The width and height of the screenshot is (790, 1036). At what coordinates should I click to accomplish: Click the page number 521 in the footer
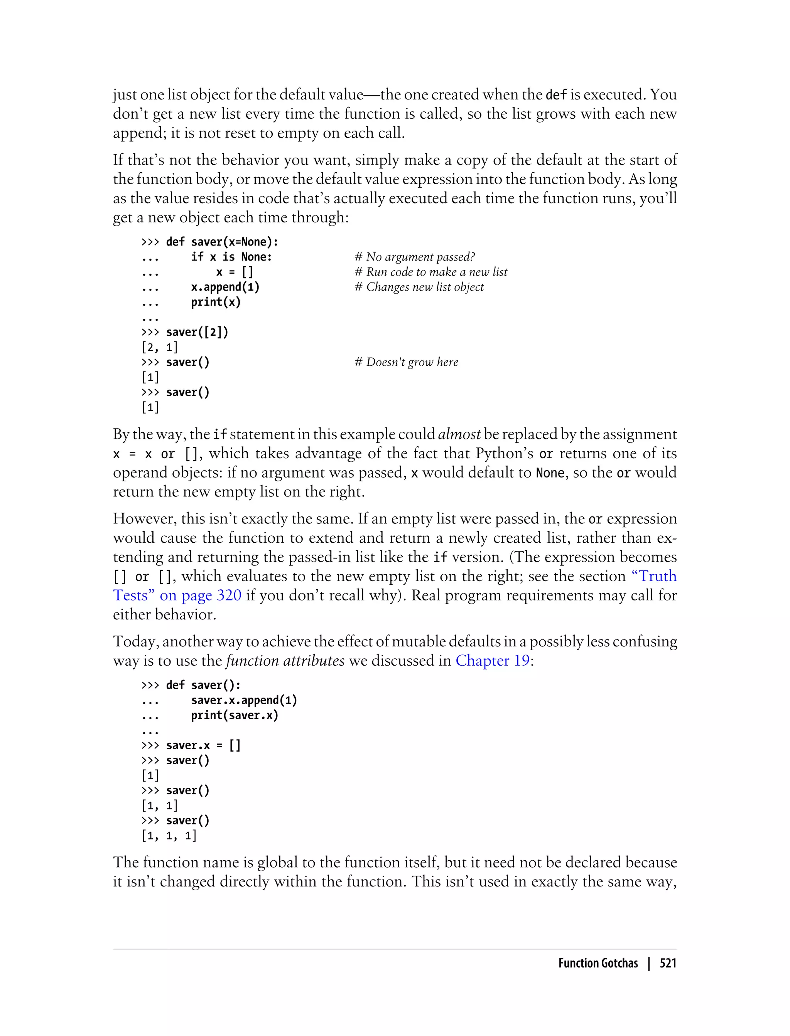[668, 963]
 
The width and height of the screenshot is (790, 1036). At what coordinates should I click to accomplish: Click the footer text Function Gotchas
[598, 963]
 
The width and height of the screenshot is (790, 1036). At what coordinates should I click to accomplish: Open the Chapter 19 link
[492, 661]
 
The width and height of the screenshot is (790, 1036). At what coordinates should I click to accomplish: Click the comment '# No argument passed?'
[414, 257]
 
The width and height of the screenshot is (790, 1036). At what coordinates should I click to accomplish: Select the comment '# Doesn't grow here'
[406, 362]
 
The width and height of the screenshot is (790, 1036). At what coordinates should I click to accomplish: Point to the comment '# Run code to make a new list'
[431, 272]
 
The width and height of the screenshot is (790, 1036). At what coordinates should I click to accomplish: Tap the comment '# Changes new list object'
[419, 287]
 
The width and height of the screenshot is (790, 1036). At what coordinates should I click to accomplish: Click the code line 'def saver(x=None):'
[222, 242]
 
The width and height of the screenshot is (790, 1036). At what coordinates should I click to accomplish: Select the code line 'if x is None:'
[231, 257]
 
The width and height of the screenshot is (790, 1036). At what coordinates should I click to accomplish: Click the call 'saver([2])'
[197, 332]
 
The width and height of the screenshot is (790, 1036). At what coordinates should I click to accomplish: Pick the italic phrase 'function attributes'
[285, 661]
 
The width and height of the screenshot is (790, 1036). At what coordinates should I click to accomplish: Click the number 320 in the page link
[229, 595]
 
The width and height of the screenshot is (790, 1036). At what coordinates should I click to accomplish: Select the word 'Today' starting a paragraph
[135, 641]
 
